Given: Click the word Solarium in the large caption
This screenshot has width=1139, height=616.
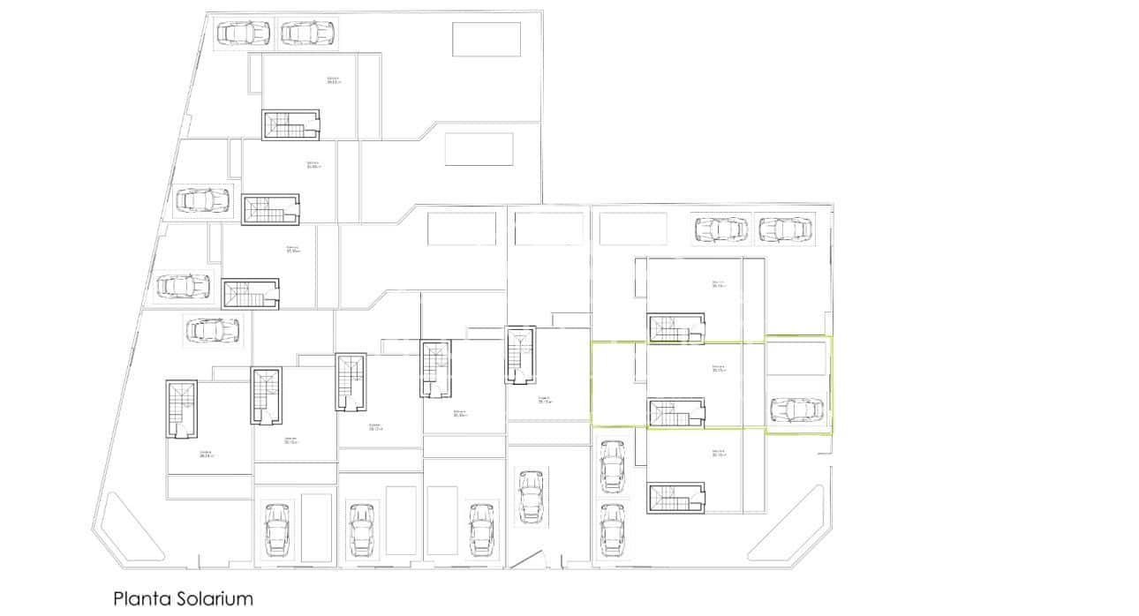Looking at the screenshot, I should tap(211, 599).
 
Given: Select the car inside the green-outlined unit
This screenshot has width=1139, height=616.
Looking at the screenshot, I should tap(796, 410).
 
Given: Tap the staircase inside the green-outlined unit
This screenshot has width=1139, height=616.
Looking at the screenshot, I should tap(677, 412).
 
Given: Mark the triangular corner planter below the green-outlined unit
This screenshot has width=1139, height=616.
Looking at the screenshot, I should tap(794, 530).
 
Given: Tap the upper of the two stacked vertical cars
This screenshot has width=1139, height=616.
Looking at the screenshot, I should tap(611, 466).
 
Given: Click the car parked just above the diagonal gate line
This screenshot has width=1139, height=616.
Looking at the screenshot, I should tap(530, 497).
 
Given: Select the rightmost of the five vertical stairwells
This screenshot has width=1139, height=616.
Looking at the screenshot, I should tap(520, 355).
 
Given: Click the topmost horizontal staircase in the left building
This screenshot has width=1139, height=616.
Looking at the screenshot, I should tap(290, 124).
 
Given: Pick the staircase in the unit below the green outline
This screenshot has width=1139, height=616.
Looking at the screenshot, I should tap(677, 498).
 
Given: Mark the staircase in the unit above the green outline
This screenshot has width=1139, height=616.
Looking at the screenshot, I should tap(677, 328).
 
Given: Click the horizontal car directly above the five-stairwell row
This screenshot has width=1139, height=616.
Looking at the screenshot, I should tap(212, 331).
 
